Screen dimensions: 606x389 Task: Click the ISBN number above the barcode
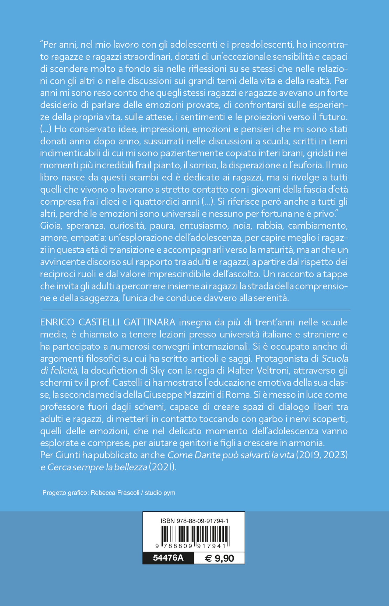[194, 521]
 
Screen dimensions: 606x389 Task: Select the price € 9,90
[219, 558]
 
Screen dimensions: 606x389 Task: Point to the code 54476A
[168, 558]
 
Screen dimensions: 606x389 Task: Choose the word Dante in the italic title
[206, 455]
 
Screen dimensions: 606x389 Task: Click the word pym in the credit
[169, 493]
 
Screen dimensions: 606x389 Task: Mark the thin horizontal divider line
[195, 310]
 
